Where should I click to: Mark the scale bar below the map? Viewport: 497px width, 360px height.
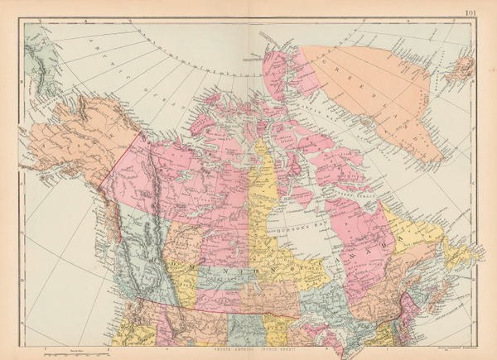[x=79, y=351]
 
